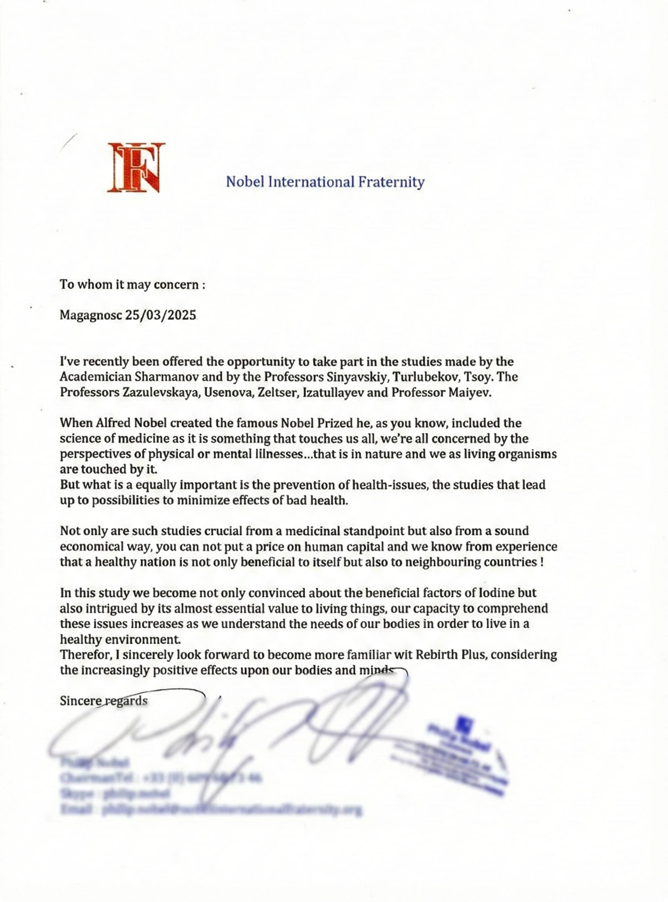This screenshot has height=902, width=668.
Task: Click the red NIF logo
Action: [136, 167]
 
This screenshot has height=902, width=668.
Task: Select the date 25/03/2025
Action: [160, 315]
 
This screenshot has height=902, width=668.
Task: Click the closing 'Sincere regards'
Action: [103, 701]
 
